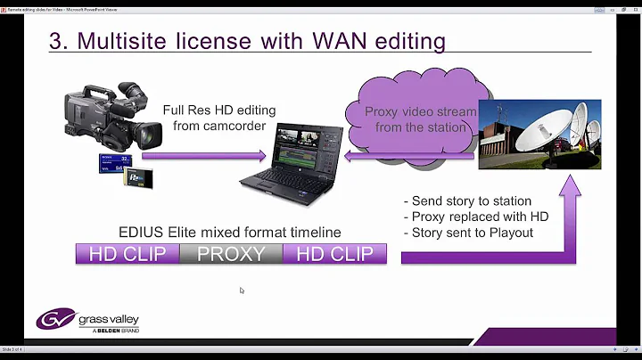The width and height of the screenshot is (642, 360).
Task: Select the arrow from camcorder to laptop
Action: (x=204, y=156)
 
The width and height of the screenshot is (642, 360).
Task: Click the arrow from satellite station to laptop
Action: (x=409, y=156)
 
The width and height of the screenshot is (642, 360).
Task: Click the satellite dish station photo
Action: (x=539, y=135)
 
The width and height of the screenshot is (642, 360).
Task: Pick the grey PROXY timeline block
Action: (x=231, y=254)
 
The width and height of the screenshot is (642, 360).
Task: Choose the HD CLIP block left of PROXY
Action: (x=128, y=254)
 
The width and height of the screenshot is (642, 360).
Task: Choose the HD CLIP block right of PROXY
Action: (x=334, y=254)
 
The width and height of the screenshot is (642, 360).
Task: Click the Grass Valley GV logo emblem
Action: (x=55, y=319)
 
